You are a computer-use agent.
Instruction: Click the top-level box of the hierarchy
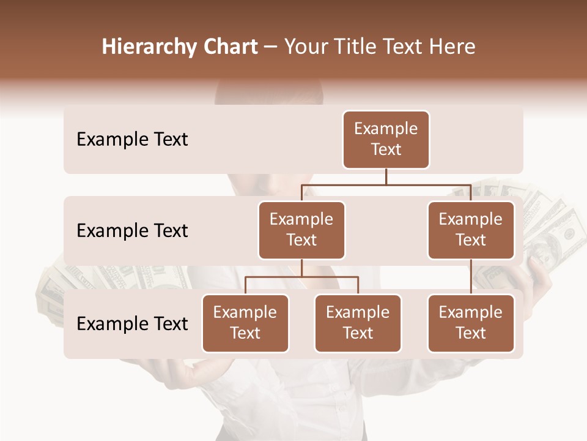click(x=386, y=140)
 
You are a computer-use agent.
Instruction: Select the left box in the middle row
click(x=301, y=230)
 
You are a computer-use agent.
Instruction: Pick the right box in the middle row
click(x=471, y=230)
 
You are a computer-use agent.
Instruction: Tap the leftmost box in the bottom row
click(x=245, y=323)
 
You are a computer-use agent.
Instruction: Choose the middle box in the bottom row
click(x=358, y=323)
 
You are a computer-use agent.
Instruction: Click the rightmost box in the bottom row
click(x=471, y=323)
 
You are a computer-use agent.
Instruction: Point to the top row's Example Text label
click(x=132, y=140)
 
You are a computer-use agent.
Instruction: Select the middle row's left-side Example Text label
click(x=132, y=231)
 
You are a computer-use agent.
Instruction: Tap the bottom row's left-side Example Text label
click(x=132, y=324)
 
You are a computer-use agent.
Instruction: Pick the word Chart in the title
click(x=227, y=47)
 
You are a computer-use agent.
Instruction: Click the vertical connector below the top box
click(x=386, y=176)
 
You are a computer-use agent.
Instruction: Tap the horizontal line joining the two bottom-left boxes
click(x=301, y=277)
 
